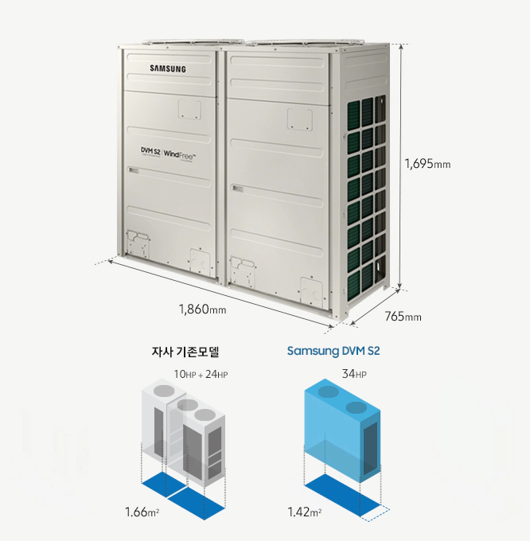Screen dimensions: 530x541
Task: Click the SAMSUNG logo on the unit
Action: [168, 69]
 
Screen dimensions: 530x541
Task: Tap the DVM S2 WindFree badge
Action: [169, 153]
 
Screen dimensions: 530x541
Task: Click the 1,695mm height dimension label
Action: [427, 165]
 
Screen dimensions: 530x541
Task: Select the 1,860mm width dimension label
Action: [202, 308]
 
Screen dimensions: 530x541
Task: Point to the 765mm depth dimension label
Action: [403, 317]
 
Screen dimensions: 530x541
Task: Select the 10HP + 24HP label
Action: [201, 374]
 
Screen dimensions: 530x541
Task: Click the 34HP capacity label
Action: [354, 374]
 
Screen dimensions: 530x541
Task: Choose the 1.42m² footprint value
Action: [304, 510]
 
